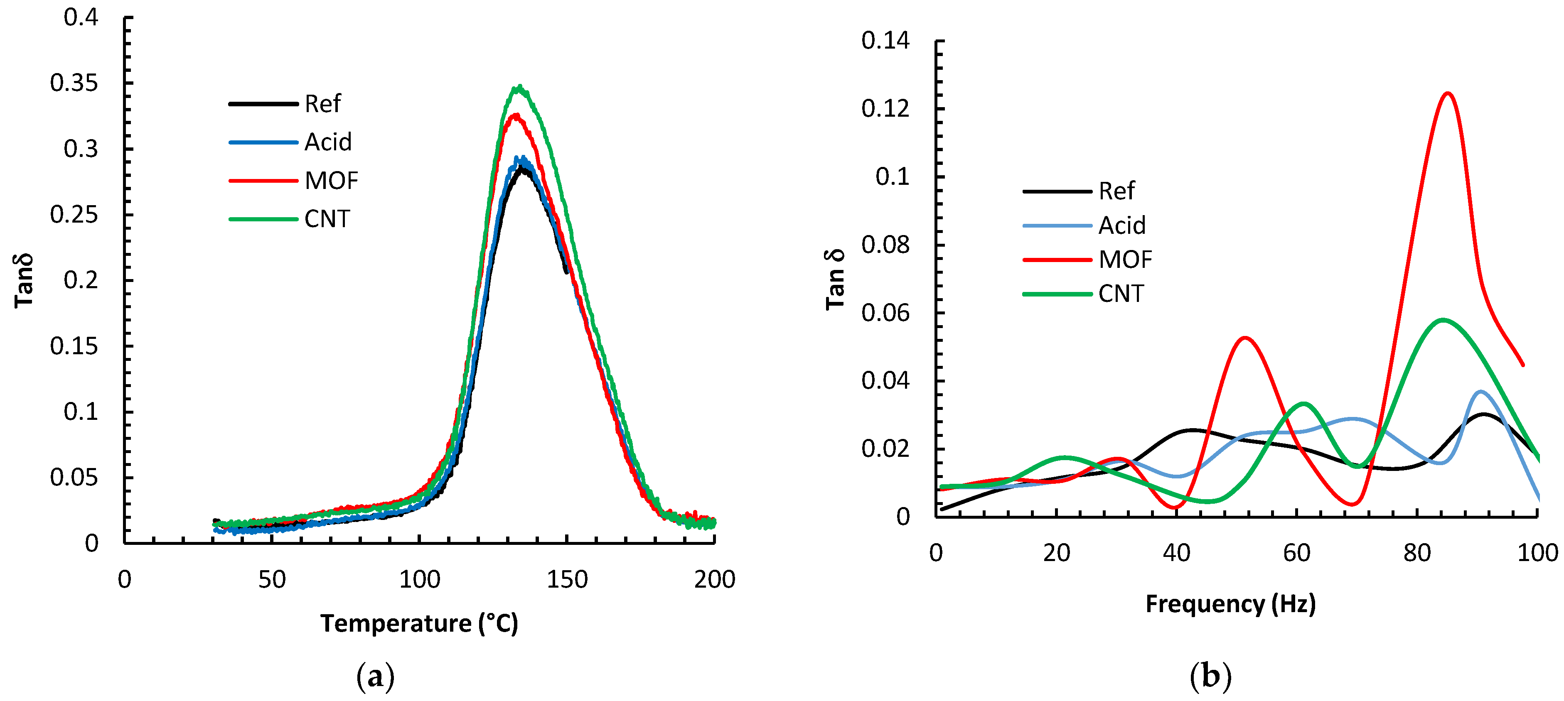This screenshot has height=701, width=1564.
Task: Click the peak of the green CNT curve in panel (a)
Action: click(519, 87)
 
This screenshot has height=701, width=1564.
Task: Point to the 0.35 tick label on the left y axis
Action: click(74, 83)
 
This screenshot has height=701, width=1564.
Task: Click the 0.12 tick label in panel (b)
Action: click(885, 109)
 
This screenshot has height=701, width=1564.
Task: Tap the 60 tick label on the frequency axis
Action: click(1296, 553)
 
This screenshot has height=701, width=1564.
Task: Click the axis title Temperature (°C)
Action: click(419, 623)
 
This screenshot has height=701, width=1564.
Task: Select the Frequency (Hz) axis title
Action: click(1230, 604)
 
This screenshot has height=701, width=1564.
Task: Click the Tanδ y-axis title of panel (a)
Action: click(24, 280)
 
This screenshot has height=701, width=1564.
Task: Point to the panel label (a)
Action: click(375, 676)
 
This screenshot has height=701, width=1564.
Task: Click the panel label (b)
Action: click(1210, 676)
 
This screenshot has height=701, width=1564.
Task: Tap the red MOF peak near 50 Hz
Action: click(1245, 338)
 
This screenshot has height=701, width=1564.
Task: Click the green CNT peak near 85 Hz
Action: click(1443, 320)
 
